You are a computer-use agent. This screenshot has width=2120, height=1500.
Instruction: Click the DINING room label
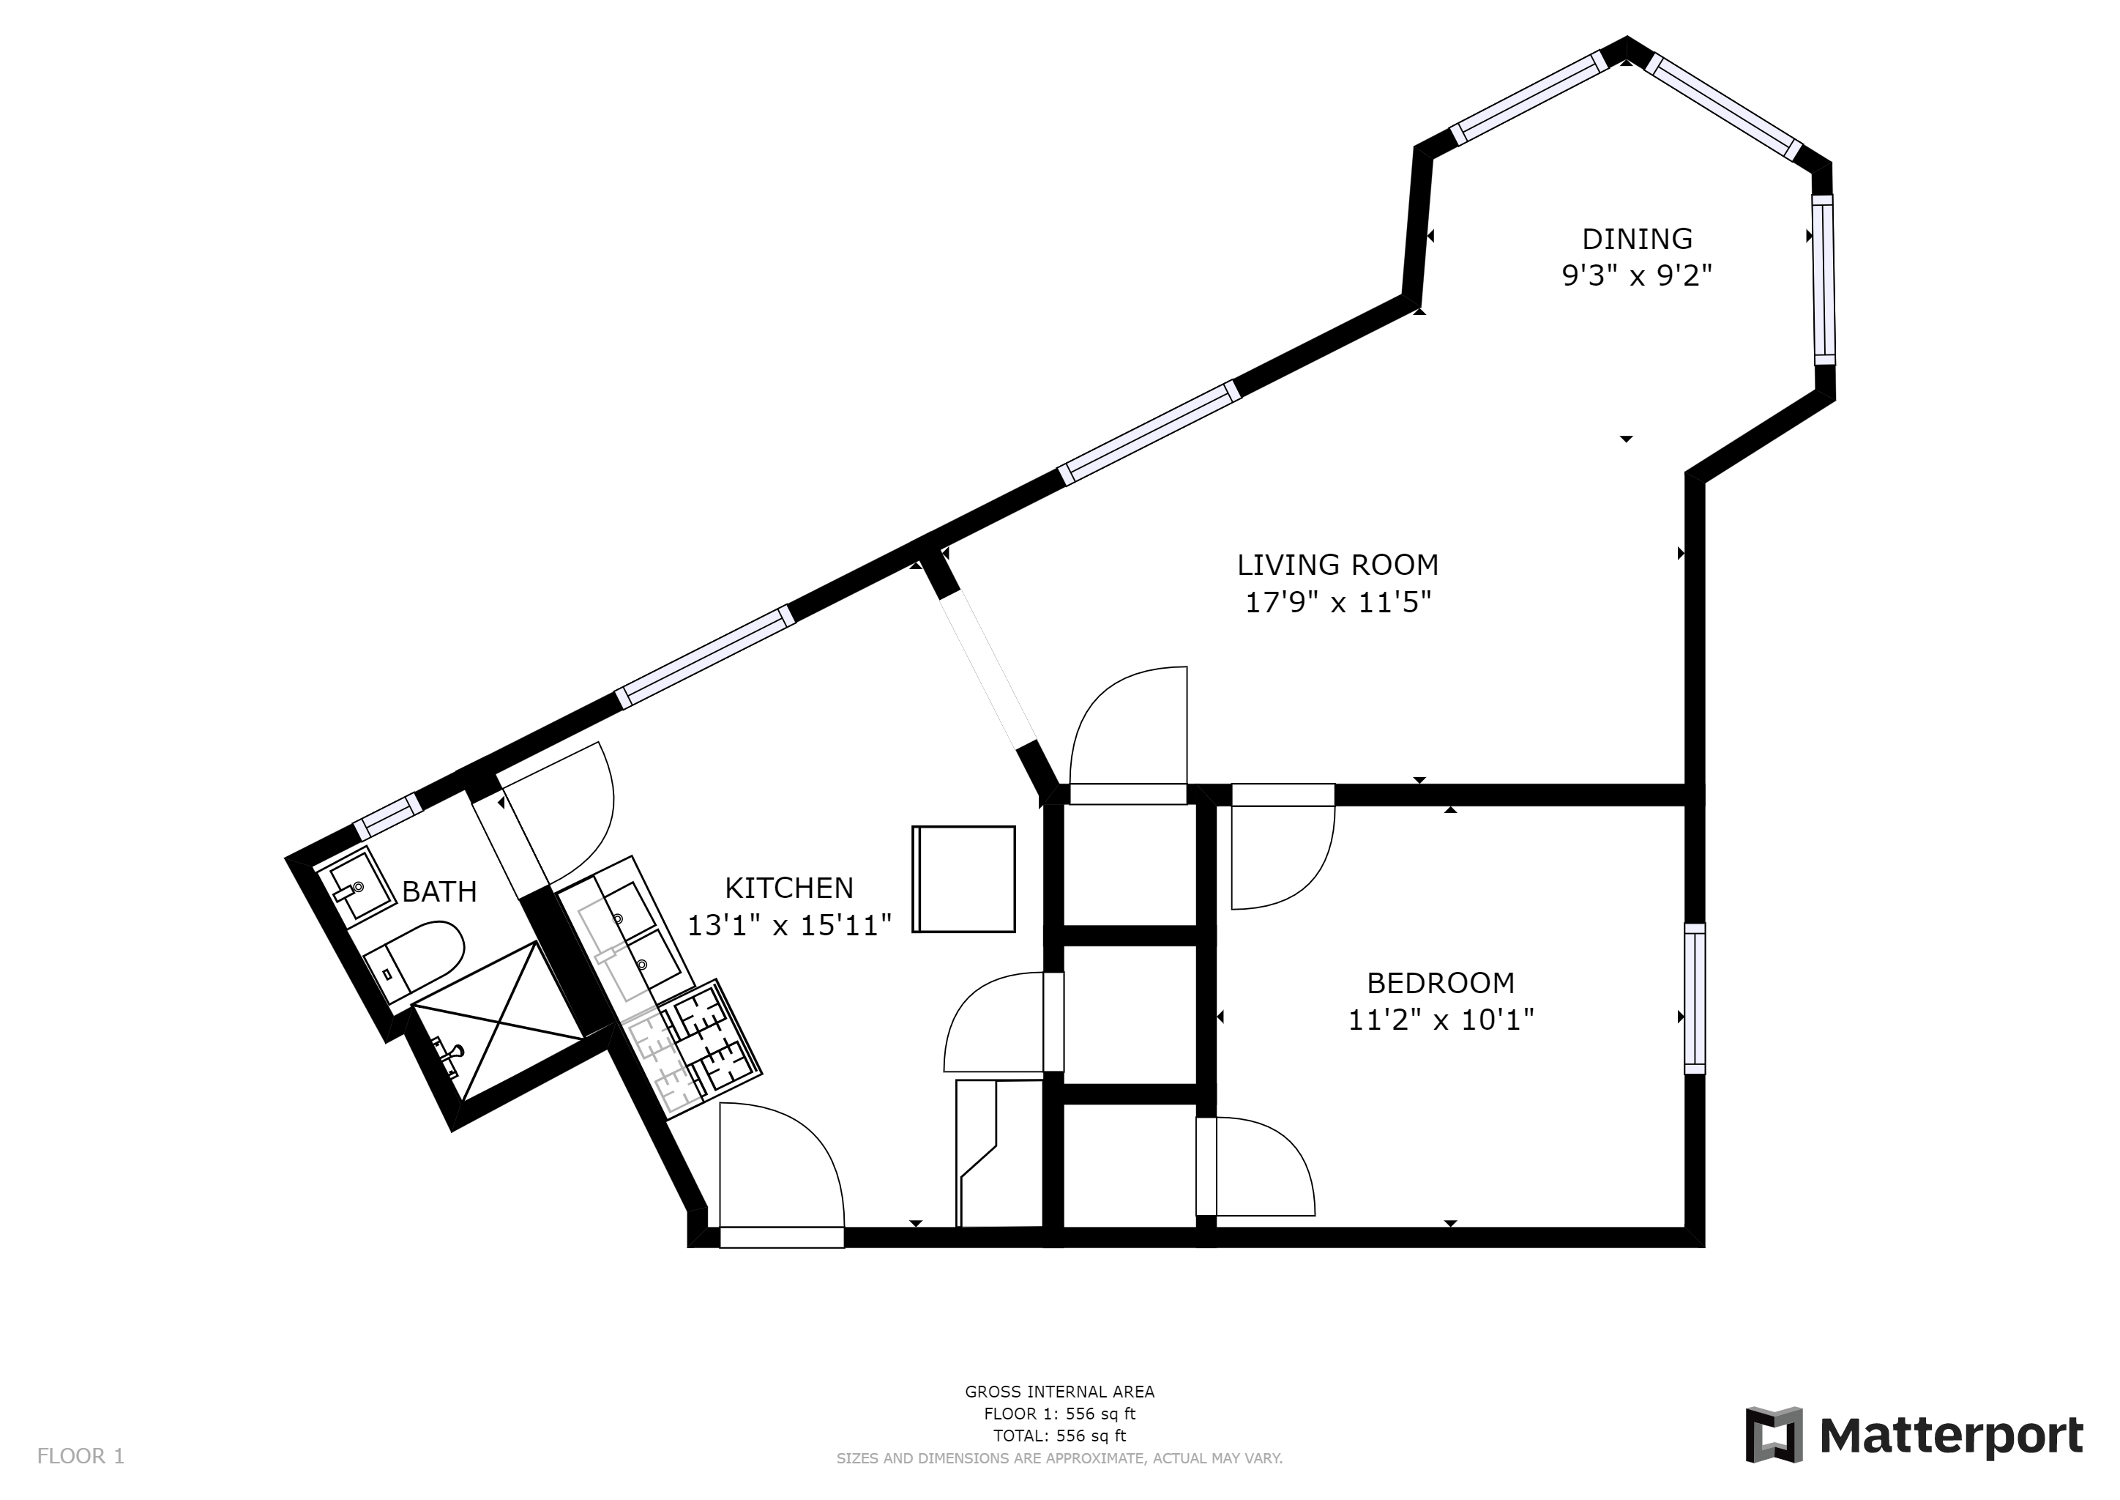point(1636,240)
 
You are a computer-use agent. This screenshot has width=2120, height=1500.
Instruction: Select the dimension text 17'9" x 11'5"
point(1338,603)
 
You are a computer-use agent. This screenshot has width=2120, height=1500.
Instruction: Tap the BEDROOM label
point(1441,982)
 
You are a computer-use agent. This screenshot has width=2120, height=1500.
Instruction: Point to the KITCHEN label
point(788,888)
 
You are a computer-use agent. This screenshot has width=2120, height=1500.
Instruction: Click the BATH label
point(439,891)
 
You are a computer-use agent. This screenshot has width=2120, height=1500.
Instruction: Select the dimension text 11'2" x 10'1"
point(1441,1020)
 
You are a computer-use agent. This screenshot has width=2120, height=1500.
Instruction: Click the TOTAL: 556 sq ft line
point(1059,1436)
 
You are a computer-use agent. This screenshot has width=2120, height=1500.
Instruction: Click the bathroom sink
point(356,883)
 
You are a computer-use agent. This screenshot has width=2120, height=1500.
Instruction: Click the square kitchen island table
point(964,878)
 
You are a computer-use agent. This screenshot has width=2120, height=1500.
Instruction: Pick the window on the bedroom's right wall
point(1695,998)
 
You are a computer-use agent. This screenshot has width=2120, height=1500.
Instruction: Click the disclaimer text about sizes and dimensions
point(1059,1458)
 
